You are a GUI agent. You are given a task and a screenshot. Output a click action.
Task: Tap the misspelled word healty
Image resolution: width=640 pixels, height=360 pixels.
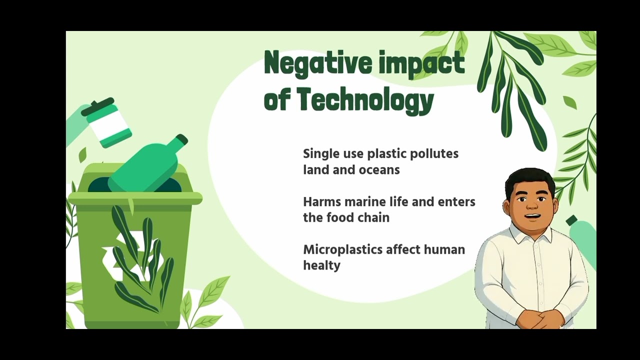[321, 266]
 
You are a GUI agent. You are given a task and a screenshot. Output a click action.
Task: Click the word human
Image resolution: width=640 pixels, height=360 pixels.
[444, 249]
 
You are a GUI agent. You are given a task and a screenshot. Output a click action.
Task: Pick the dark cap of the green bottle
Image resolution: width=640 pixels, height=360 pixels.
[181, 140]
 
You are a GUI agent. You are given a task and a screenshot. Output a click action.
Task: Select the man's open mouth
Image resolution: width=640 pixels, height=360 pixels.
[532, 216]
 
